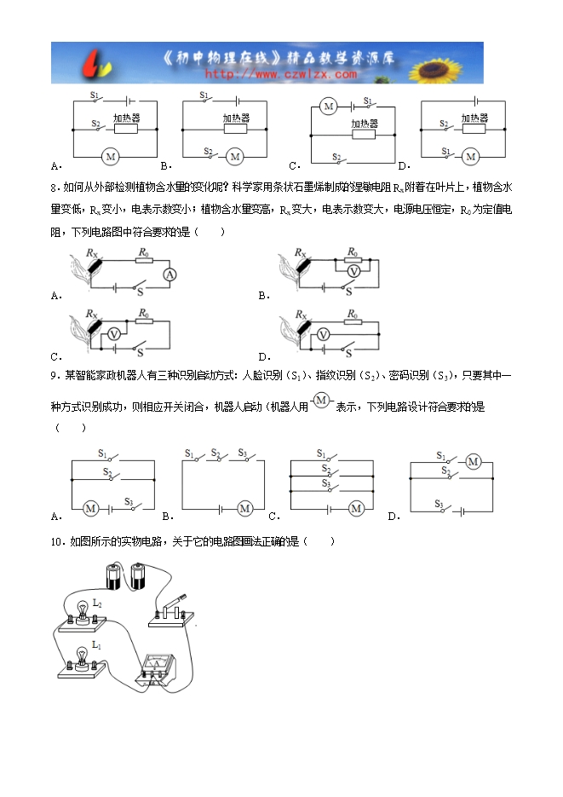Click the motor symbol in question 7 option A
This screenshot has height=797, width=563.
(x=108, y=156)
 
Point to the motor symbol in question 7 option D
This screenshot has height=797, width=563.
(x=469, y=156)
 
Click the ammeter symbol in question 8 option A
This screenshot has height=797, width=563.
(x=169, y=274)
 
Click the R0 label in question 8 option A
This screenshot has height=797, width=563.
(x=144, y=252)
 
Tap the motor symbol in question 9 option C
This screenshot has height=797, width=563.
(x=356, y=508)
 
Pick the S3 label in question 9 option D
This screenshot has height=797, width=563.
(x=439, y=504)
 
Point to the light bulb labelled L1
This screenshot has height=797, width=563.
(x=82, y=657)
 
